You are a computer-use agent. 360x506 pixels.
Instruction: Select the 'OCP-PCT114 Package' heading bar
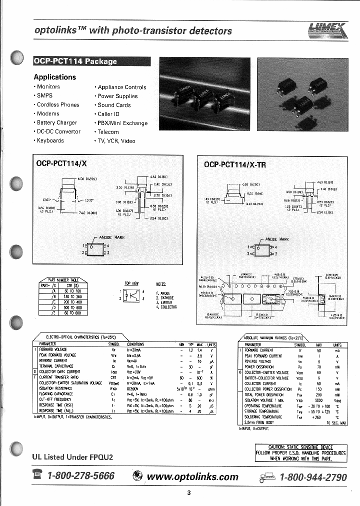(x=75, y=61)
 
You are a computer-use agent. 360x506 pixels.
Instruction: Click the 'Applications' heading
(x=54, y=77)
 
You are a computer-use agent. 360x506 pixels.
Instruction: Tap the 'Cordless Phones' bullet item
(x=57, y=105)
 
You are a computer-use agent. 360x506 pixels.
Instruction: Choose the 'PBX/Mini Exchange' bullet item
(x=122, y=123)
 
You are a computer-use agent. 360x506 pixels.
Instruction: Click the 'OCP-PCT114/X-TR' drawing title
(x=235, y=164)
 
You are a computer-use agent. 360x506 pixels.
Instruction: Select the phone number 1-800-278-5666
(x=80, y=476)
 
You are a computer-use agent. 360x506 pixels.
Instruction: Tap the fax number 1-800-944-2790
(x=313, y=477)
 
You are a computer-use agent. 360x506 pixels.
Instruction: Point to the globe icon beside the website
(x=137, y=476)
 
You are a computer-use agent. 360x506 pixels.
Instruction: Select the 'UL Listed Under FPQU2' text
(x=72, y=457)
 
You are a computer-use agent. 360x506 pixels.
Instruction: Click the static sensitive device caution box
(x=300, y=452)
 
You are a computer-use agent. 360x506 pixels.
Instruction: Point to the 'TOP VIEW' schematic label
(x=131, y=283)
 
